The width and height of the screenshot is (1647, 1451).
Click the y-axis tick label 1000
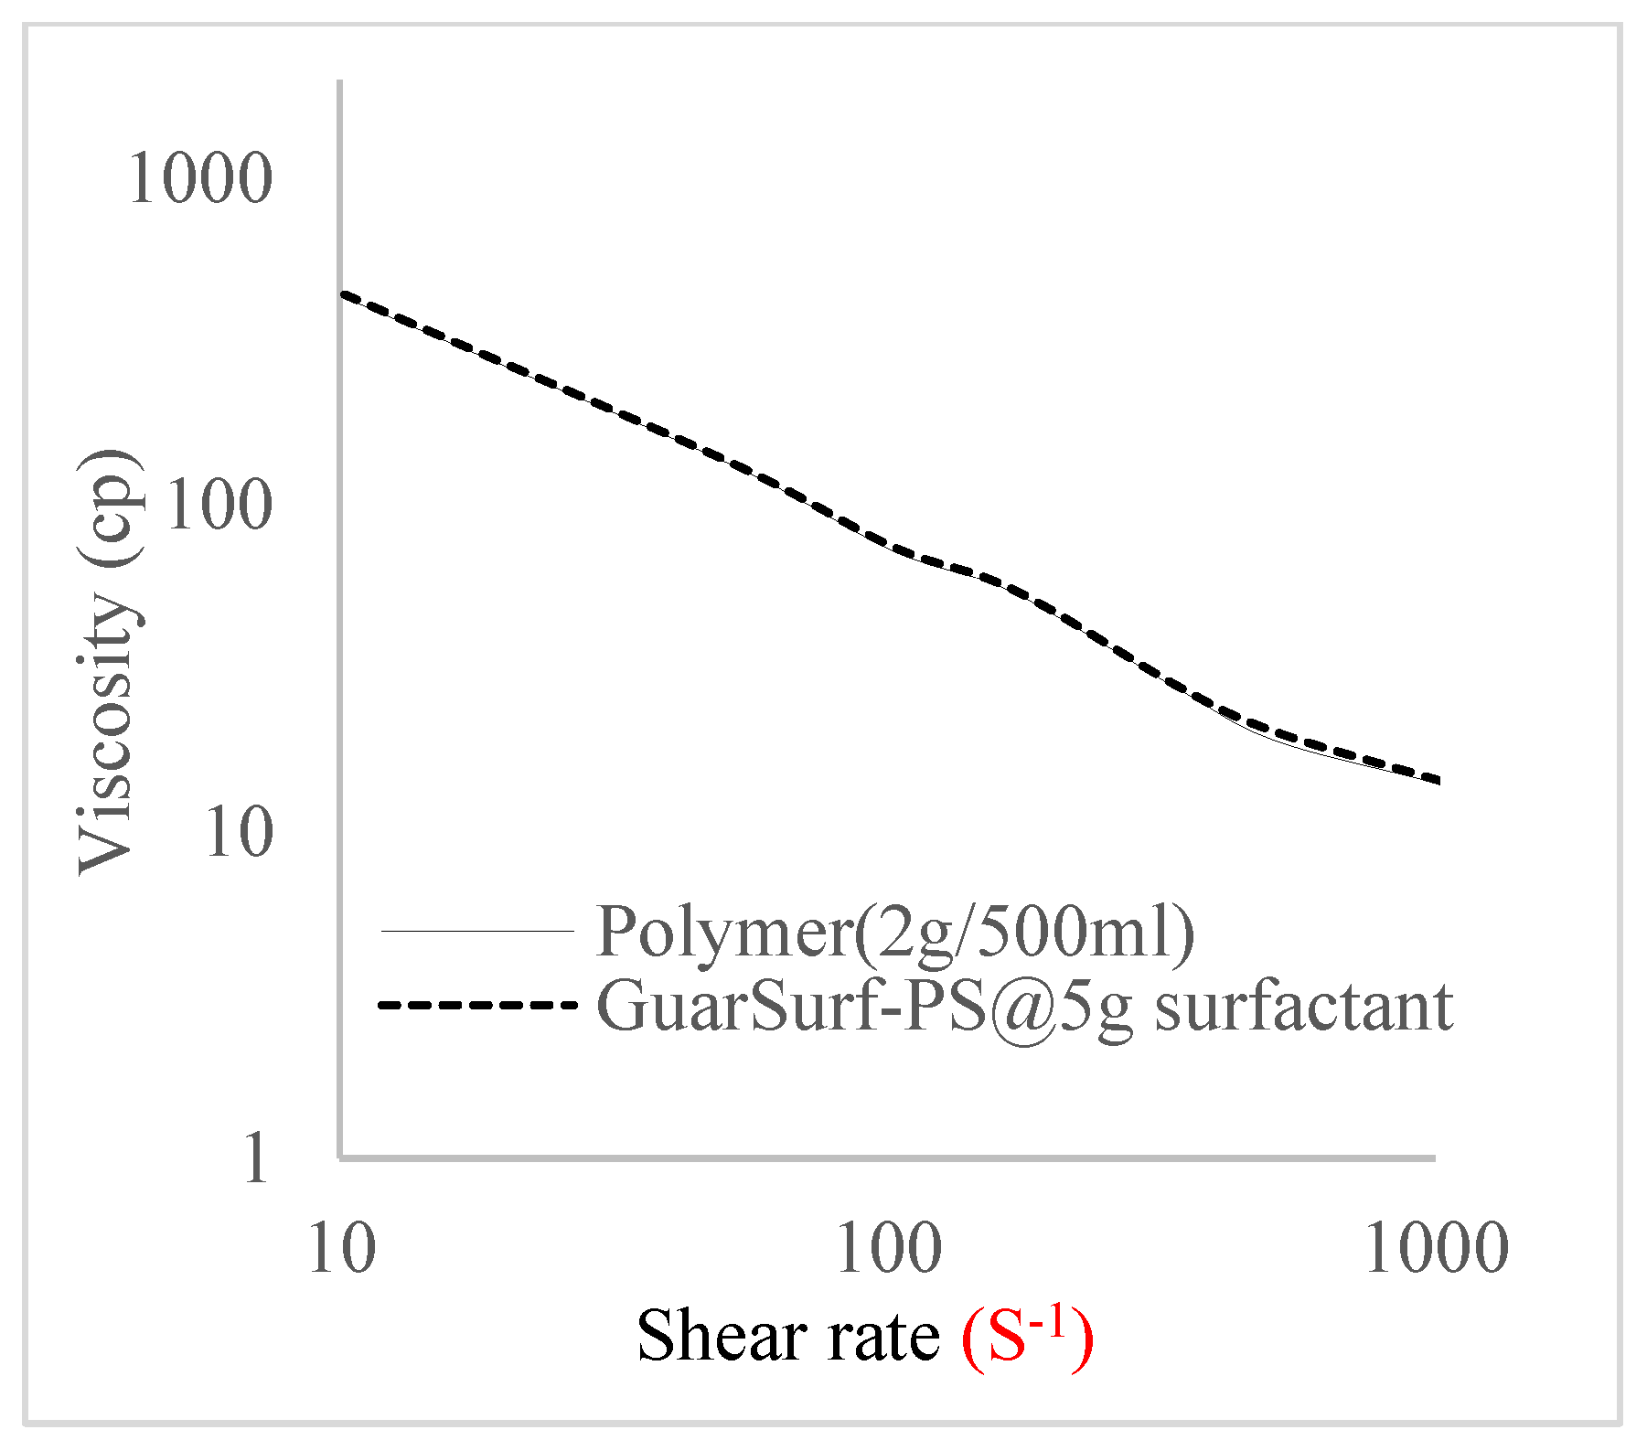point(200,177)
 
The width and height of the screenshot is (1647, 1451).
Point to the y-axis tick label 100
point(219,504)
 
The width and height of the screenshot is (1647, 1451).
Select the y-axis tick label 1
point(256,1158)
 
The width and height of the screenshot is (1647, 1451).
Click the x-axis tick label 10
point(342,1249)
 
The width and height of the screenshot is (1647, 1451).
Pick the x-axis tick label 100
point(889,1249)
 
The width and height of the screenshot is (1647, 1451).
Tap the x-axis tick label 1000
point(1436,1249)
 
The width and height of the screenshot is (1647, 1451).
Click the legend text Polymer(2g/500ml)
point(894,932)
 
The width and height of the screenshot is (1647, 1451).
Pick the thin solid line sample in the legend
point(476,932)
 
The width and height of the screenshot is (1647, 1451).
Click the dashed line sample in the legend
point(476,1005)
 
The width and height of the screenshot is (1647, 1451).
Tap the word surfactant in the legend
point(1303,1005)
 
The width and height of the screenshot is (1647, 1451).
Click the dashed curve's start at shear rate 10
point(342,294)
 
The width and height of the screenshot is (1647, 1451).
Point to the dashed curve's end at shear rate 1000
point(1438,780)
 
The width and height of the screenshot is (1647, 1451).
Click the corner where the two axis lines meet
point(340,1158)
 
